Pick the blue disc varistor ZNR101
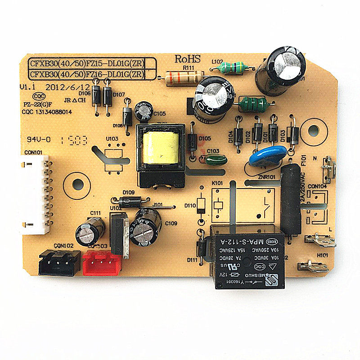(267, 156)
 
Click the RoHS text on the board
(187, 58)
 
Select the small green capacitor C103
(216, 158)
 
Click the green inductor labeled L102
(230, 68)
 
